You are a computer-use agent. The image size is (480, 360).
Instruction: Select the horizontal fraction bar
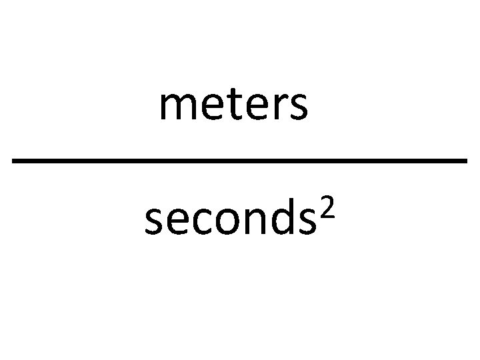(x=240, y=161)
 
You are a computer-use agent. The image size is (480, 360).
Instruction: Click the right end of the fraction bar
(x=465, y=161)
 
